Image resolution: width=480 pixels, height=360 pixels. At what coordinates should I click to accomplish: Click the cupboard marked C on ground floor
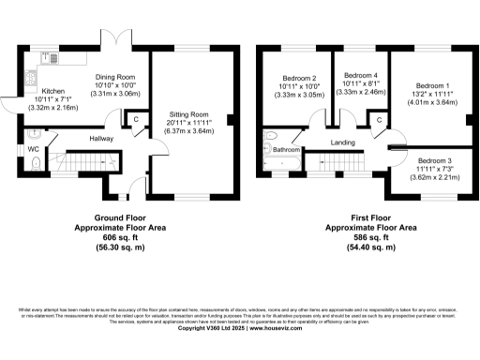click(136, 119)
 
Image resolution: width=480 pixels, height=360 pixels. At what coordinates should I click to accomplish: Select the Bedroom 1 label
click(433, 85)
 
